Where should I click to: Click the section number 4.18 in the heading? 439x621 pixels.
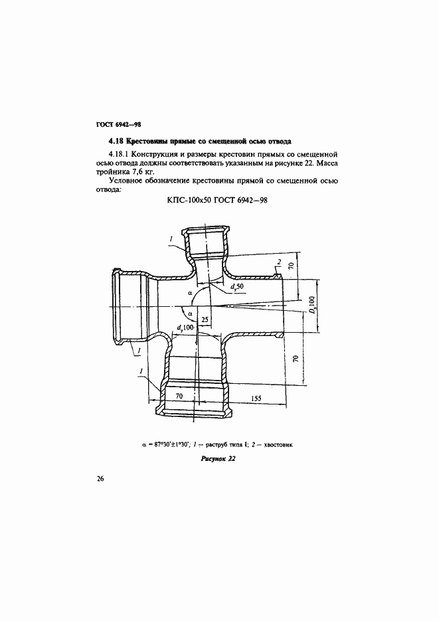116,141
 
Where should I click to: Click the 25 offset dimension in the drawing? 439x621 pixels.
205,320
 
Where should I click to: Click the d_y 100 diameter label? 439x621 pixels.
187,327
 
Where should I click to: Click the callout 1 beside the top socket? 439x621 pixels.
171,237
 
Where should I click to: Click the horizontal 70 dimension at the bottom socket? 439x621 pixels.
178,397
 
